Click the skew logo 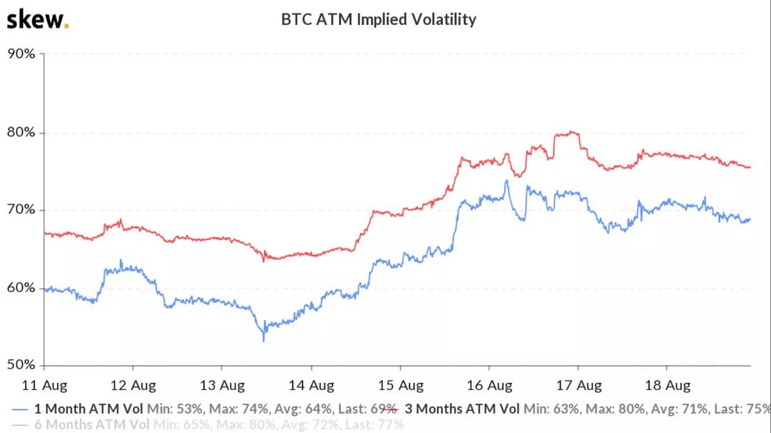37,19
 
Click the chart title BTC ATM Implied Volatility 378,19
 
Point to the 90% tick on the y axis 21,54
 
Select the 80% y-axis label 21,132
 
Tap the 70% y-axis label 21,210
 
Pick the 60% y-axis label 21,288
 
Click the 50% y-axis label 21,365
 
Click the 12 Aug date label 133,386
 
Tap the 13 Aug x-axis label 221,386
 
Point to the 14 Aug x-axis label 311,386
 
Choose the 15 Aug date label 400,386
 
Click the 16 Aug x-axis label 489,386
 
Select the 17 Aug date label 578,386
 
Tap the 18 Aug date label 667,386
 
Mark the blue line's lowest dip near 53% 263,340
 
